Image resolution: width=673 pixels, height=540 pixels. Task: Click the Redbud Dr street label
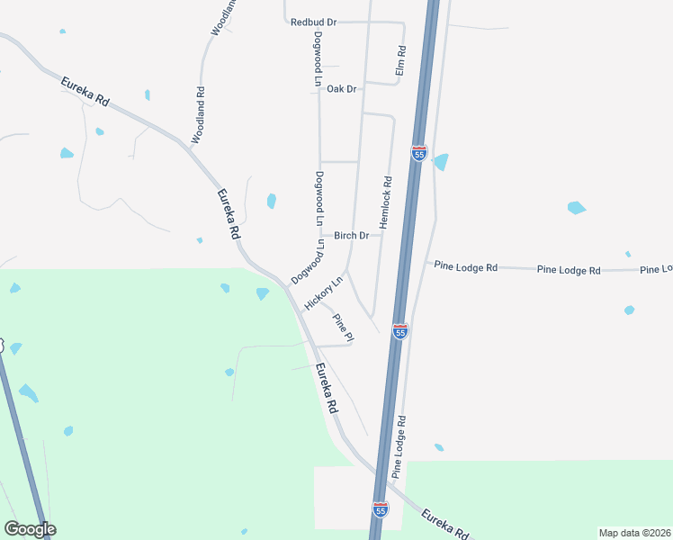[313, 22]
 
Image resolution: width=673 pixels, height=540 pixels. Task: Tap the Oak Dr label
[342, 89]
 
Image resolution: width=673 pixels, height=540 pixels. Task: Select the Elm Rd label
[401, 61]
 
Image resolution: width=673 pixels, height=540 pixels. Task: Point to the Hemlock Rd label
[386, 202]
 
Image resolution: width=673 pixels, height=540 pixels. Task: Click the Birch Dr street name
[352, 236]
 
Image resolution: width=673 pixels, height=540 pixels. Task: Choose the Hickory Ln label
[324, 293]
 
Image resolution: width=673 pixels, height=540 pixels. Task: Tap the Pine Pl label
[343, 327]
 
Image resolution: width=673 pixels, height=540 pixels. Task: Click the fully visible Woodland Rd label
[199, 115]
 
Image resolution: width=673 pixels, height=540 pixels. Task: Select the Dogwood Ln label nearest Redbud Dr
[318, 59]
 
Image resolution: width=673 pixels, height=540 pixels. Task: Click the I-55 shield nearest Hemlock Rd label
[419, 153]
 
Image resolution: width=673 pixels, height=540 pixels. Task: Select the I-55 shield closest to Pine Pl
[400, 331]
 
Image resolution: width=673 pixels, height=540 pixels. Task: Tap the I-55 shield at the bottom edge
[381, 510]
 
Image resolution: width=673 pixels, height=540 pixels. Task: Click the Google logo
[30, 529]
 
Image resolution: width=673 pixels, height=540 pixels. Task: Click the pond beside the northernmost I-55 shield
[441, 162]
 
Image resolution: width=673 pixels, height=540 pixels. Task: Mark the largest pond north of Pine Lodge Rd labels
[576, 208]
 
